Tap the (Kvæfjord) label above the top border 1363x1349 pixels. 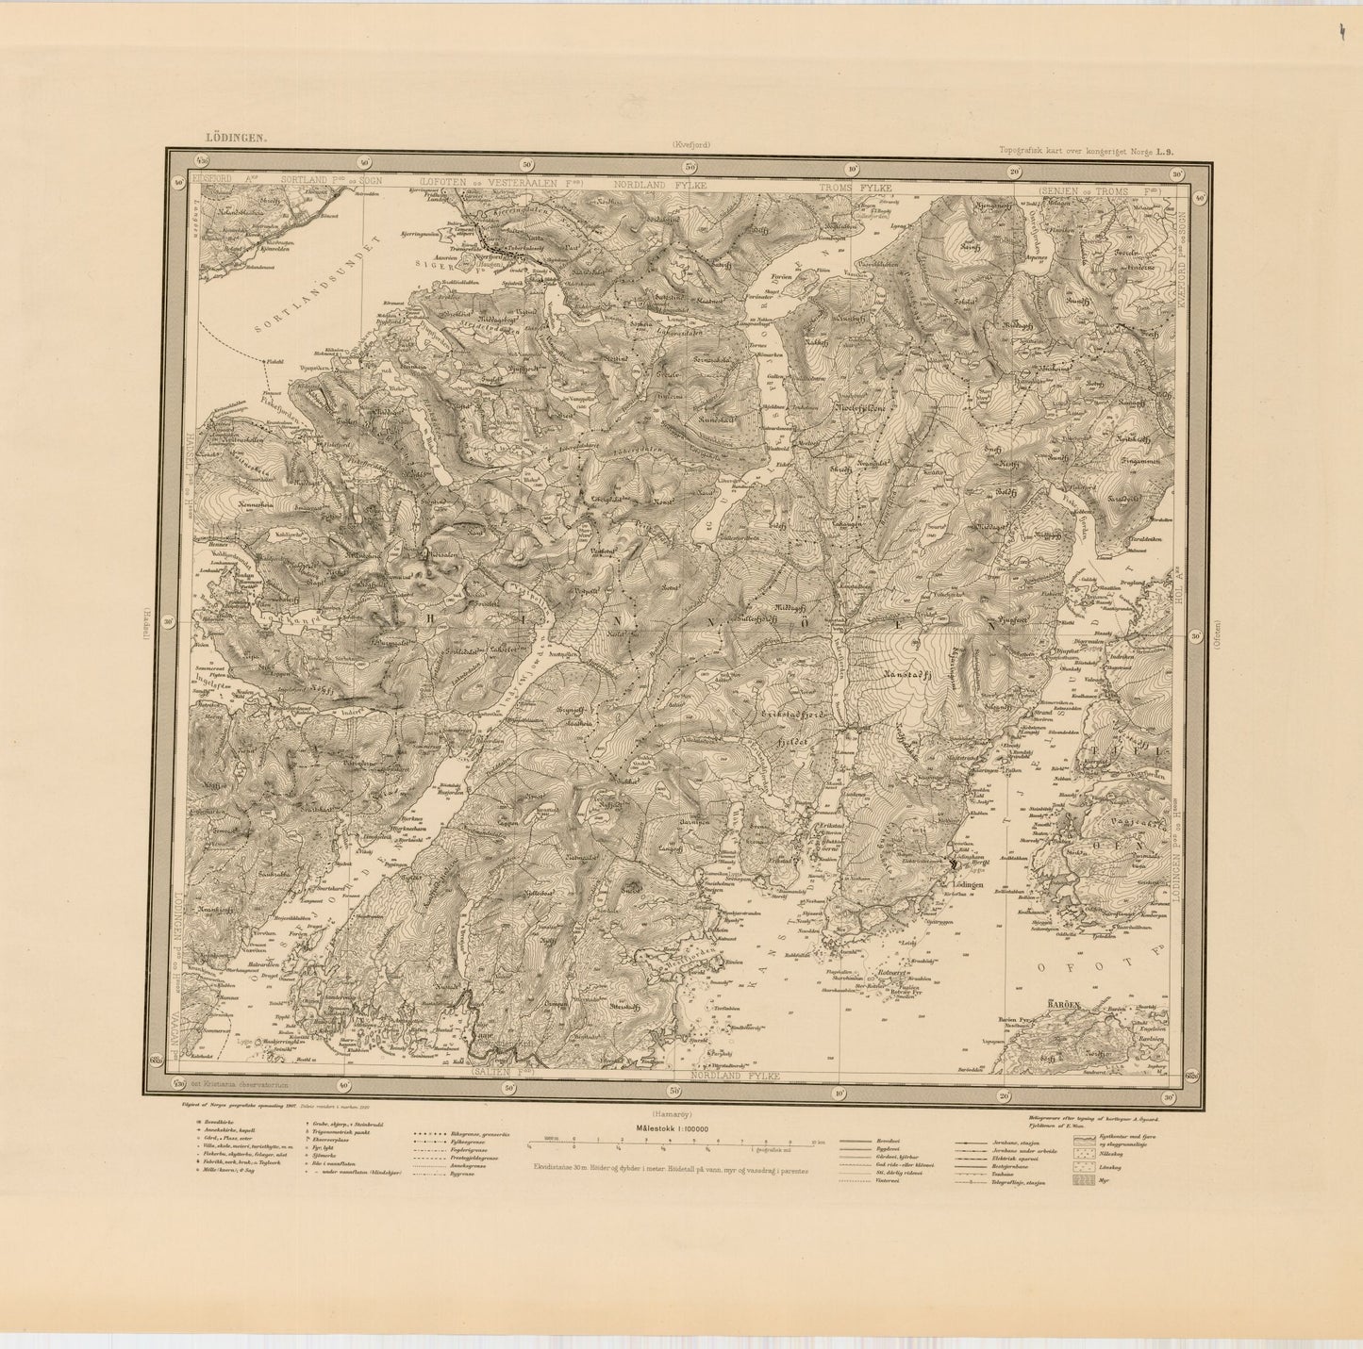click(x=695, y=144)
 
